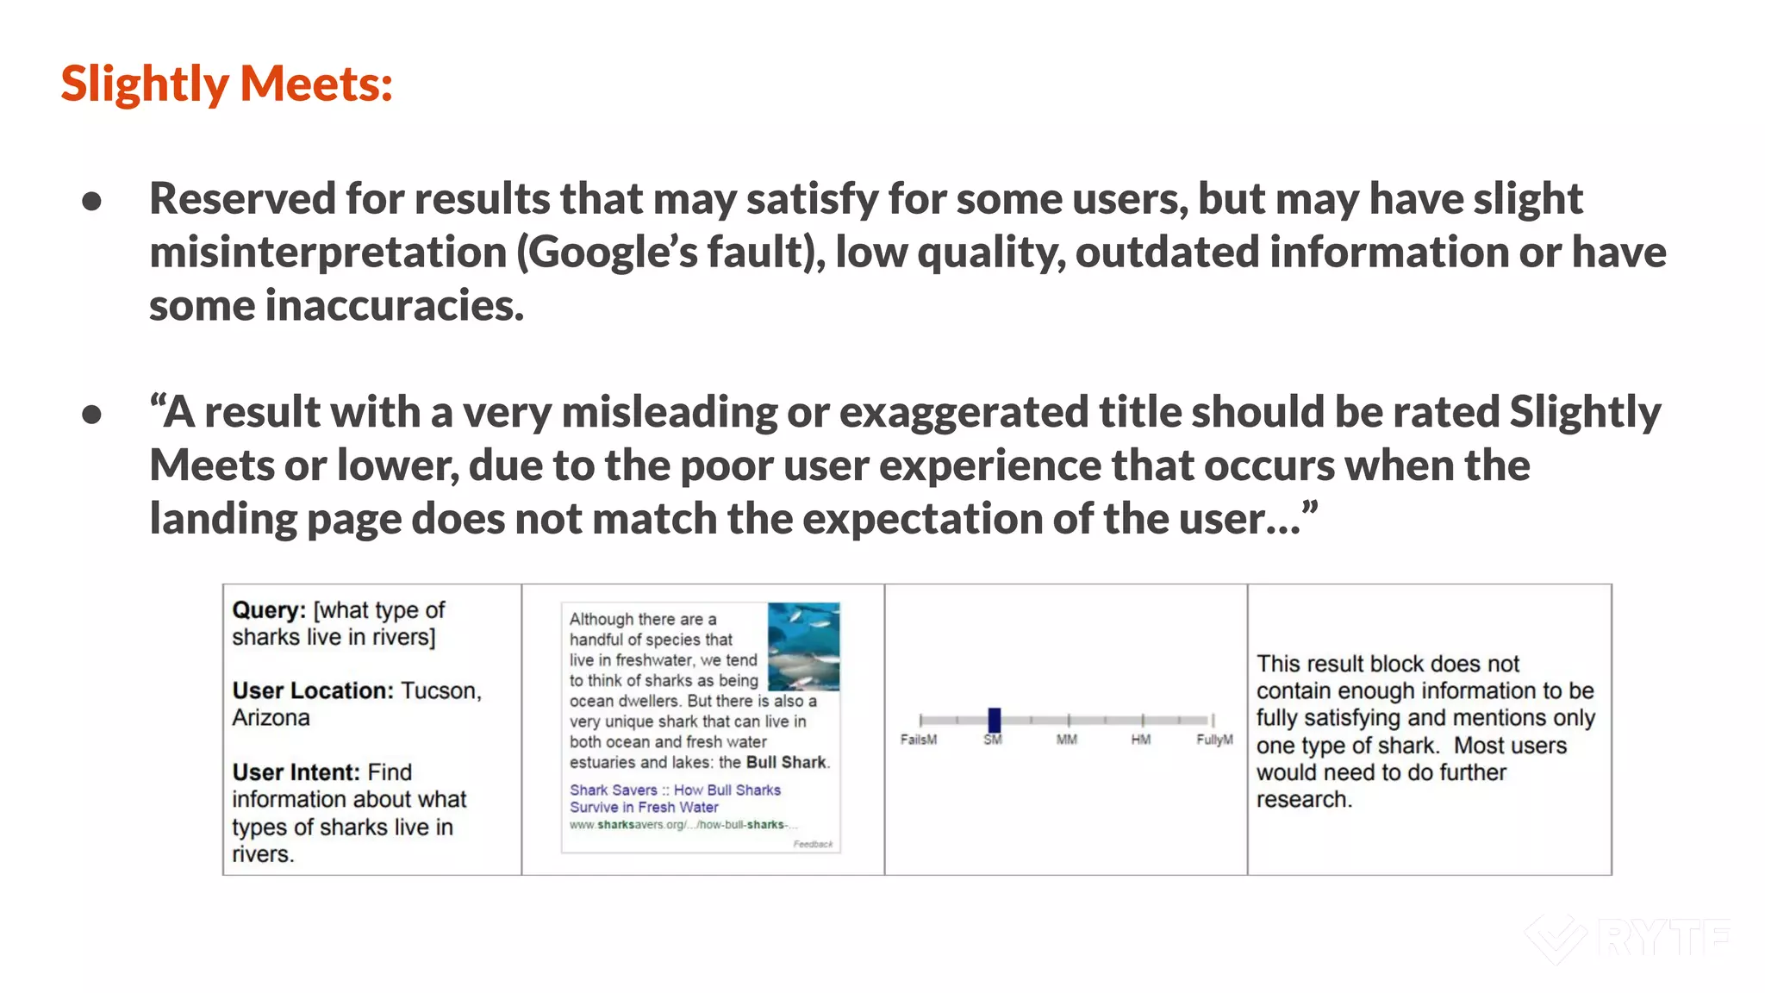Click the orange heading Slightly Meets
click(227, 84)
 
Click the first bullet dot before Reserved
click(92, 202)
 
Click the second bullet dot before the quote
click(92, 415)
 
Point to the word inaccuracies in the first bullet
click(394, 306)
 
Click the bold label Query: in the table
click(269, 610)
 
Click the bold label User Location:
click(313, 690)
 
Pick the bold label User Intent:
click(296, 771)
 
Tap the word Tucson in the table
click(440, 690)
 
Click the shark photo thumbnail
click(803, 646)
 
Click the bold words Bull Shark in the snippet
click(786, 762)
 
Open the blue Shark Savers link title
click(675, 798)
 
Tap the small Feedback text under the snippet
click(813, 844)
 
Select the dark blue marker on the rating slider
click(994, 720)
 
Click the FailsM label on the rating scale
click(919, 740)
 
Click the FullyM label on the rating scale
click(1214, 740)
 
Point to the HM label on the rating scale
click(1141, 740)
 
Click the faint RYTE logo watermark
click(1628, 938)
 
